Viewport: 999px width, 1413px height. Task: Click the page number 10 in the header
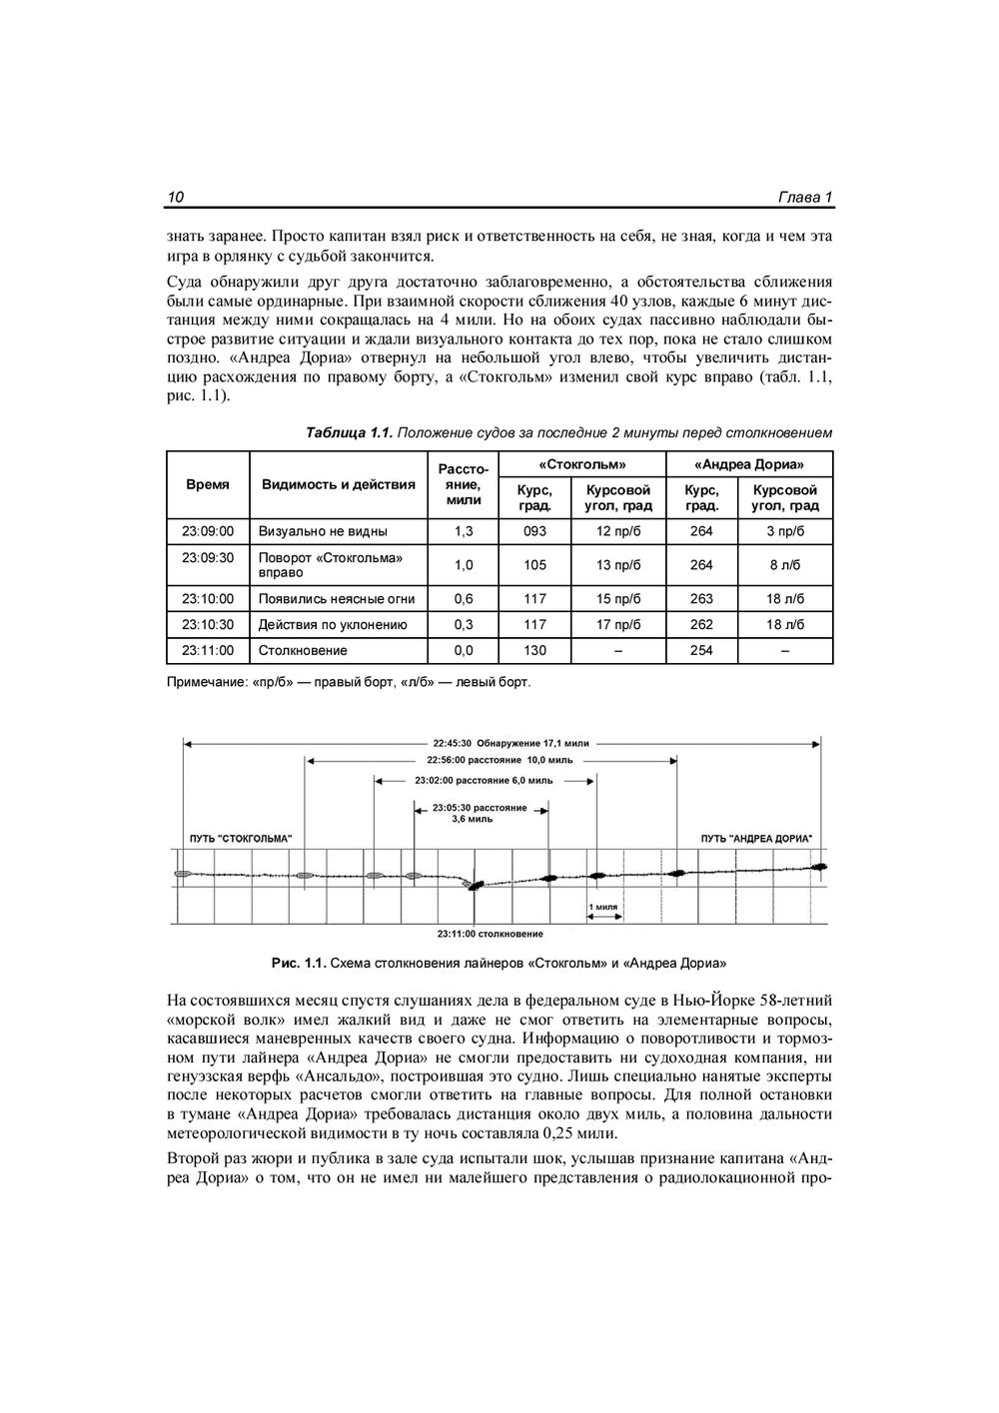176,197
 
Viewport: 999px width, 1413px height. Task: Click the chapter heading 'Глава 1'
805,197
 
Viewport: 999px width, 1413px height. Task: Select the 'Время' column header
208,484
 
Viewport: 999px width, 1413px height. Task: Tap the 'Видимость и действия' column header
338,484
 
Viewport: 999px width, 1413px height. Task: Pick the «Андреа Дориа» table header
749,464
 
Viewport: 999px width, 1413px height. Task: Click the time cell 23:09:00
208,531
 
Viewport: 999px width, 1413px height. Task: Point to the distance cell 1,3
464,531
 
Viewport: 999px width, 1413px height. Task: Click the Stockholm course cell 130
534,650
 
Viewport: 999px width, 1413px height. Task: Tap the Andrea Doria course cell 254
701,650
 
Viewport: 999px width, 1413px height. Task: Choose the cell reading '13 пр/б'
617,565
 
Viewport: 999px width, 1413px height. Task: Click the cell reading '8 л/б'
784,565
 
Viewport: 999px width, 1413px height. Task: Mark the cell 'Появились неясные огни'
337,599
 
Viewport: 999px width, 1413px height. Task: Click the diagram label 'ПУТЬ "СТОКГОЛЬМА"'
241,838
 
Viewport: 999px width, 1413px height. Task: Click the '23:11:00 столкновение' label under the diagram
491,934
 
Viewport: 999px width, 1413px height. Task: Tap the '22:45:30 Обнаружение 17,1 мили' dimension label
510,743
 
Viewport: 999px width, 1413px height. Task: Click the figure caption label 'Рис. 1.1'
298,964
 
